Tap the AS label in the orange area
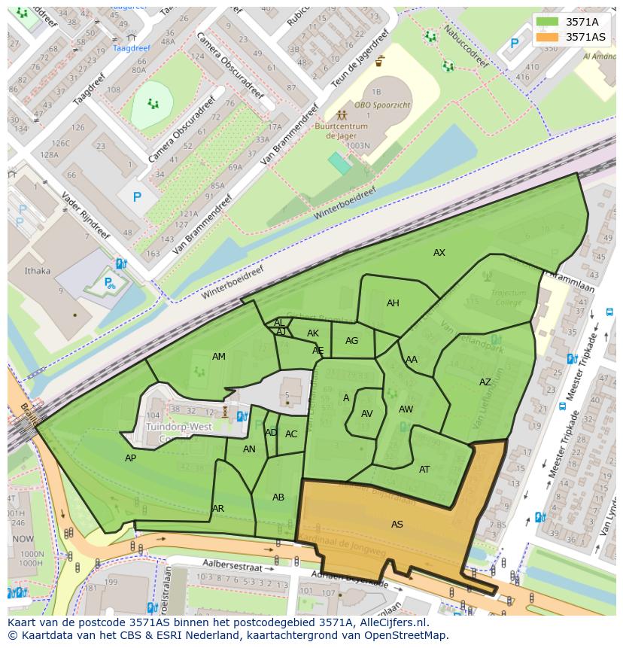pos(397,525)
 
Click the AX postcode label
pos(439,253)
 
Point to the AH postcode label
pos(393,303)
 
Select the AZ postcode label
pos(485,382)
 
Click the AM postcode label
pos(219,357)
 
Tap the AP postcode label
pos(131,458)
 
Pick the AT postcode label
pos(424,470)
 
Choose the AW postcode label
pos(406,410)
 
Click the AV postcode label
pos(367,414)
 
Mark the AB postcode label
pos(278,497)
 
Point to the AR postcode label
pos(218,509)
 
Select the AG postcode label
pos(352,341)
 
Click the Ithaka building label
pos(38,271)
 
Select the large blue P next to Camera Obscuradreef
pos(137,197)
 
